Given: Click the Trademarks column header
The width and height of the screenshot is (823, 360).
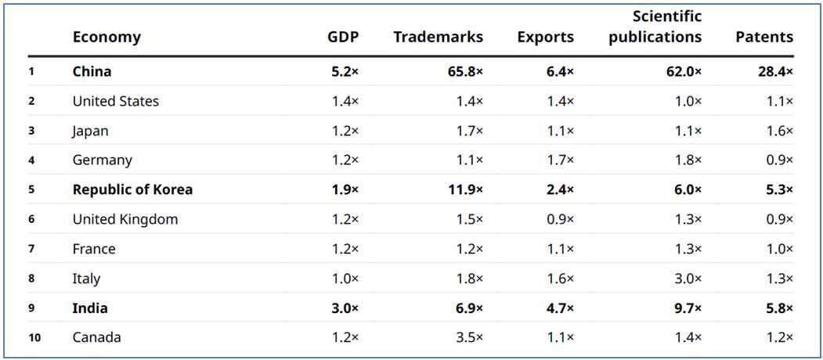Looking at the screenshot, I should (x=438, y=37).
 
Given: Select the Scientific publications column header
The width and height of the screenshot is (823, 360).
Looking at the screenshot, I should (x=655, y=27).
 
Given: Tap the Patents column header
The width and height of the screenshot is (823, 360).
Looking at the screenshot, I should (x=763, y=37).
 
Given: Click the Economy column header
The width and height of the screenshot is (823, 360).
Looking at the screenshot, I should (x=106, y=37).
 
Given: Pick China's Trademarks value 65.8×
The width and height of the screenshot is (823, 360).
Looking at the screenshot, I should (x=464, y=72).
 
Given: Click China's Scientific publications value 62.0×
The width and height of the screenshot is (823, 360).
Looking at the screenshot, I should (x=682, y=72).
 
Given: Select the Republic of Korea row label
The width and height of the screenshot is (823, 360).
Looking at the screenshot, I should (x=132, y=190).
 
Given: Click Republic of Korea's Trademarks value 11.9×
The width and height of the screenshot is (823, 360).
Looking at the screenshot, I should (x=464, y=190).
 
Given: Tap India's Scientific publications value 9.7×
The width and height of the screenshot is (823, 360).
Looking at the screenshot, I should (x=686, y=308).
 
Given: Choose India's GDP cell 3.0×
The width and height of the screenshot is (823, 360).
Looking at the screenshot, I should (x=345, y=308).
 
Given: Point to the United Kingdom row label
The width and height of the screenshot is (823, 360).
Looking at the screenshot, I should (x=125, y=220).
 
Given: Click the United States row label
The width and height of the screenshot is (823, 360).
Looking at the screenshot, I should (x=116, y=102).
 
